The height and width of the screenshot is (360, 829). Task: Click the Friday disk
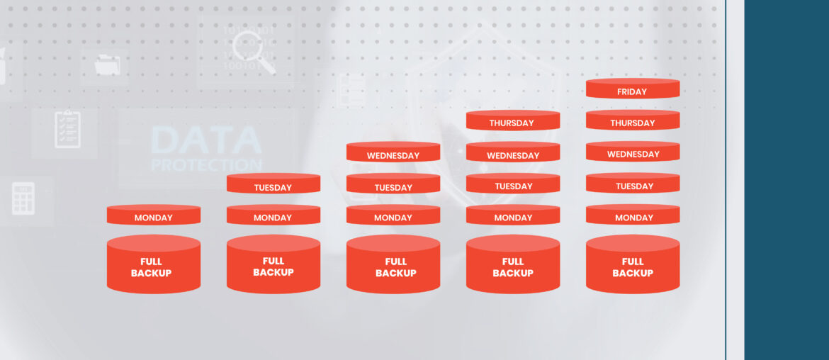[x=632, y=89]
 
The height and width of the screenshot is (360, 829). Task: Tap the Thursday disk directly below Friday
[x=632, y=120]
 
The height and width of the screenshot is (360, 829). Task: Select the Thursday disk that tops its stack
[x=513, y=120]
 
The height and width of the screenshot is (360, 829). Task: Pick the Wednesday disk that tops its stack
[x=393, y=152]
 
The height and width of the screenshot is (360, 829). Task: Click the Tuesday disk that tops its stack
[x=273, y=184]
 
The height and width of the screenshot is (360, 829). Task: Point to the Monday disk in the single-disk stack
[x=153, y=215]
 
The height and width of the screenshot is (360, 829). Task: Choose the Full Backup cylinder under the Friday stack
[x=632, y=264]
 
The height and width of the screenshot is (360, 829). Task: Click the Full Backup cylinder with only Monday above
[x=153, y=264]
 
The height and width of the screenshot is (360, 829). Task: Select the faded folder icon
[x=108, y=65]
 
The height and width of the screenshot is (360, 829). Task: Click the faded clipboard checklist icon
[x=68, y=129]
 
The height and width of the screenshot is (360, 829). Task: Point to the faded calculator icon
[x=23, y=198]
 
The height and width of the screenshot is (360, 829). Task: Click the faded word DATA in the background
[x=206, y=140]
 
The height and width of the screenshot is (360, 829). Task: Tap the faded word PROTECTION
[x=206, y=165]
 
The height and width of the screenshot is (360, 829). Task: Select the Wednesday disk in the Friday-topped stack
[x=632, y=152]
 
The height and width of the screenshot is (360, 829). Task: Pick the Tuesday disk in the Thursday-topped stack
[x=513, y=184]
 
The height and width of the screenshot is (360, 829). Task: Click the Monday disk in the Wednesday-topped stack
[x=393, y=215]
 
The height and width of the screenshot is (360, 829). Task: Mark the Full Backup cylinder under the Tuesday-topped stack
[x=273, y=264]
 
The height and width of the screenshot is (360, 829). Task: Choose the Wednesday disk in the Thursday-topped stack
[x=513, y=152]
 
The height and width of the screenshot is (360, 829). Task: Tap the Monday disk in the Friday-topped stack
[x=632, y=215]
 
